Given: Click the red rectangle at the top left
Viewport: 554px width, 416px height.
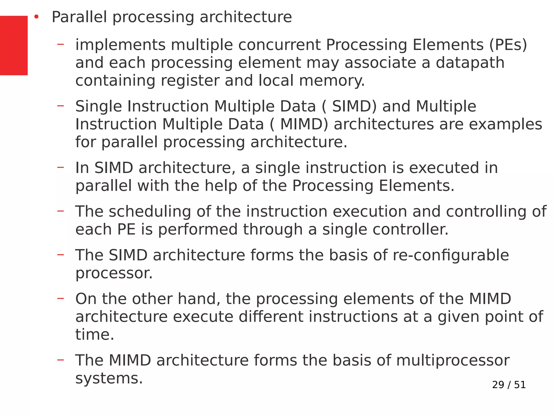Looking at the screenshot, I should coord(14,45).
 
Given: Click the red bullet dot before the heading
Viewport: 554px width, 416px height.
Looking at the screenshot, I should coord(37,17).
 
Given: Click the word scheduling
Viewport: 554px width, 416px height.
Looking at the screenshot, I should coord(150,212).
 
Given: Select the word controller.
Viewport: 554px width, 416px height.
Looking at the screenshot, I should coord(410,229).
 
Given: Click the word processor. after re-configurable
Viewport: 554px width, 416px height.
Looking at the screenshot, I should coord(114,273).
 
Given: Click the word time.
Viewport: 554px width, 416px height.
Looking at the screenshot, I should coord(95,335).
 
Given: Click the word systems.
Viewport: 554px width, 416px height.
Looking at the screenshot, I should coord(109,378).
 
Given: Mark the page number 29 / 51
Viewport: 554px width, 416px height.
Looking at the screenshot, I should coord(509,385).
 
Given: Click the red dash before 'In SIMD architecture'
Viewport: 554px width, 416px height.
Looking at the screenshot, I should coord(61,167).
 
